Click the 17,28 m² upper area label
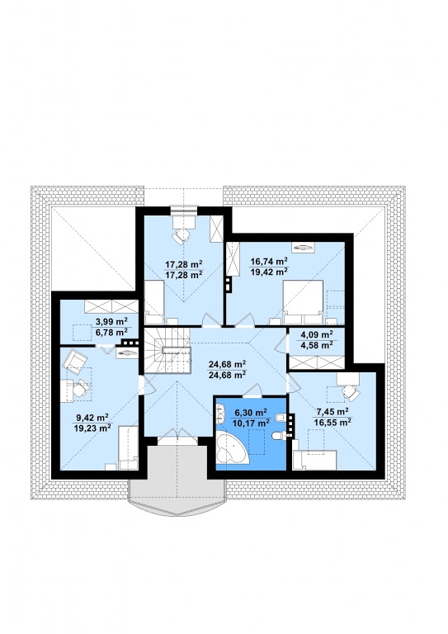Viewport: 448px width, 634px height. [x=184, y=264]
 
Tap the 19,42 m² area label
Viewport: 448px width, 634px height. [x=269, y=272]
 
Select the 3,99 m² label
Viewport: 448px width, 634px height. [x=111, y=322]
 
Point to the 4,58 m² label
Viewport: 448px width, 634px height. [x=317, y=345]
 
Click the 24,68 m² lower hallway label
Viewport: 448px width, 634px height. [x=228, y=375]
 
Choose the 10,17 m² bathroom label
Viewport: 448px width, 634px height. [x=252, y=423]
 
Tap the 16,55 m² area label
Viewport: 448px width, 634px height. [x=332, y=423]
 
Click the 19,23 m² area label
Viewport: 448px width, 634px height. [x=93, y=428]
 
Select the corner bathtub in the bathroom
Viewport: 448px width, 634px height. [x=231, y=448]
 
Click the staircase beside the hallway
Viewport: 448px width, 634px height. [x=167, y=351]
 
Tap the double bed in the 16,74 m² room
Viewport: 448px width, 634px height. [x=303, y=302]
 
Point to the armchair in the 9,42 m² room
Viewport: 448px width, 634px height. [x=75, y=362]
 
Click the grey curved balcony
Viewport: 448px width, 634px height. [x=177, y=481]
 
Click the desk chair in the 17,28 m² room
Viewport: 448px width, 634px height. [x=181, y=236]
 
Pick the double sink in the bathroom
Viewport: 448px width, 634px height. [x=220, y=414]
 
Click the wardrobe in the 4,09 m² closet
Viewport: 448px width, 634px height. [x=317, y=362]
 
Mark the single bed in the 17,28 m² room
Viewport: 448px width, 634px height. [x=154, y=302]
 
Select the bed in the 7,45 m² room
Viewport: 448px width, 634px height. [x=314, y=460]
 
